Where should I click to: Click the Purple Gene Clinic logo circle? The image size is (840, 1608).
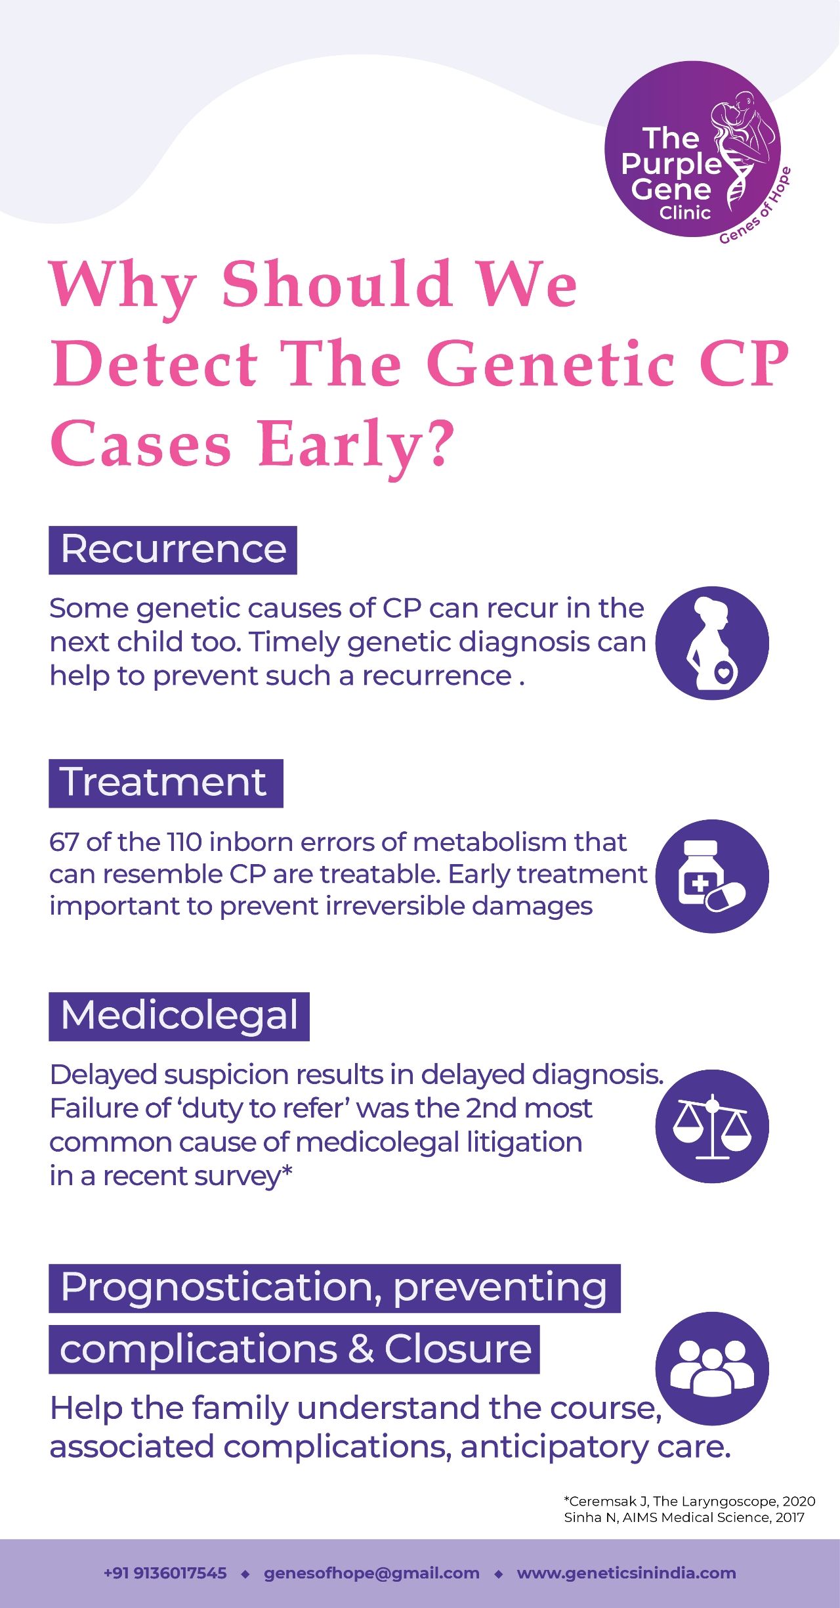coord(692,149)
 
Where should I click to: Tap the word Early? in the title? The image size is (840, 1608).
coord(356,445)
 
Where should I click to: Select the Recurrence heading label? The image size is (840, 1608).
coord(173,550)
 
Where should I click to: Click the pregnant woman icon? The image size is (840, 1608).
coord(712,643)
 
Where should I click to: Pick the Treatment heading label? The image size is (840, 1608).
coord(165,783)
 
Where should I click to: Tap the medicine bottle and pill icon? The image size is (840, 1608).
coord(712,876)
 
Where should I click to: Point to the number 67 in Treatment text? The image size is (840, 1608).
coord(64,842)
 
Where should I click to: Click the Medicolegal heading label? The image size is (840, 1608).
coord(178,1016)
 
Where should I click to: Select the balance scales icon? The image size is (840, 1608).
coord(712,1126)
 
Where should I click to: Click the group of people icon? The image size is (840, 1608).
coord(712,1368)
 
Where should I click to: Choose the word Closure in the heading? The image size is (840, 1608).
coord(458,1350)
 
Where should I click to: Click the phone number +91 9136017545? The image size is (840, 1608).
coord(165,1573)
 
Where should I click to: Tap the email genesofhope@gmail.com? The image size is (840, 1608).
coord(371,1573)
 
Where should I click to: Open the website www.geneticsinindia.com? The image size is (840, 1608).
coord(626,1573)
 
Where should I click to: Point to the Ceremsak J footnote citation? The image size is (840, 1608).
coord(690,1501)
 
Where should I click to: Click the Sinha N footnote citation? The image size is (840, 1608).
coord(684,1517)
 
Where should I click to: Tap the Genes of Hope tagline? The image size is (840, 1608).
coord(755,206)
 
